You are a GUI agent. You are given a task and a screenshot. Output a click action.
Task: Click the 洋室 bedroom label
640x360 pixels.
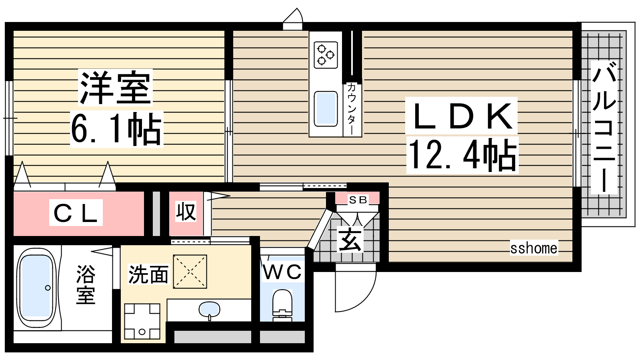(116, 88)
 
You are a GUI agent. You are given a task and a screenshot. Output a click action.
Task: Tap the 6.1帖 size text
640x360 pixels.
(116, 130)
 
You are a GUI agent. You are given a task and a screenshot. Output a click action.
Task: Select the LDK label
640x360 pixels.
(461, 116)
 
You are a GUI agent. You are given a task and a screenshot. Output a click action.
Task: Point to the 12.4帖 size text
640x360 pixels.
(462, 155)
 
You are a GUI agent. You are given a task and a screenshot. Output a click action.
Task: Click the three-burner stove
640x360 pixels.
(326, 55)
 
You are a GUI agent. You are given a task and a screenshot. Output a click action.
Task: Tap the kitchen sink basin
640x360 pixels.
(326, 109)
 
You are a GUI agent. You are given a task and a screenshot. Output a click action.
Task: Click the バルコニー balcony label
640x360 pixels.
(604, 128)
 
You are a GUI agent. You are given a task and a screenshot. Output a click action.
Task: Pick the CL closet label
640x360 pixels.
(76, 213)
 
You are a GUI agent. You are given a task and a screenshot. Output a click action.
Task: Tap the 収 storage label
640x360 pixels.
(186, 212)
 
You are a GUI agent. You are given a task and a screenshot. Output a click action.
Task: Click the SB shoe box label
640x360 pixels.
(358, 200)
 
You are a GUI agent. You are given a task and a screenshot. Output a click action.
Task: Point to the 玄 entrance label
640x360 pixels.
(350, 240)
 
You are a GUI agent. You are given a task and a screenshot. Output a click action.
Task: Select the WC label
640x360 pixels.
(282, 272)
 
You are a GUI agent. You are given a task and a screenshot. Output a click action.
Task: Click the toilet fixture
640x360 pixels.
(282, 305)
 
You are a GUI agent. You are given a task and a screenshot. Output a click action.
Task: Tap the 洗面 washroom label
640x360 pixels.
(148, 275)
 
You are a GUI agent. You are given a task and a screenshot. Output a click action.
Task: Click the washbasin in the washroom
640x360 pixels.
(210, 310)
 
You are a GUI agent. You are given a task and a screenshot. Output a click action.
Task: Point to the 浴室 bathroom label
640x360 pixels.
(86, 284)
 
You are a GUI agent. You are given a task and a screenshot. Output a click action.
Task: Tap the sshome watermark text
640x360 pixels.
(534, 248)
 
